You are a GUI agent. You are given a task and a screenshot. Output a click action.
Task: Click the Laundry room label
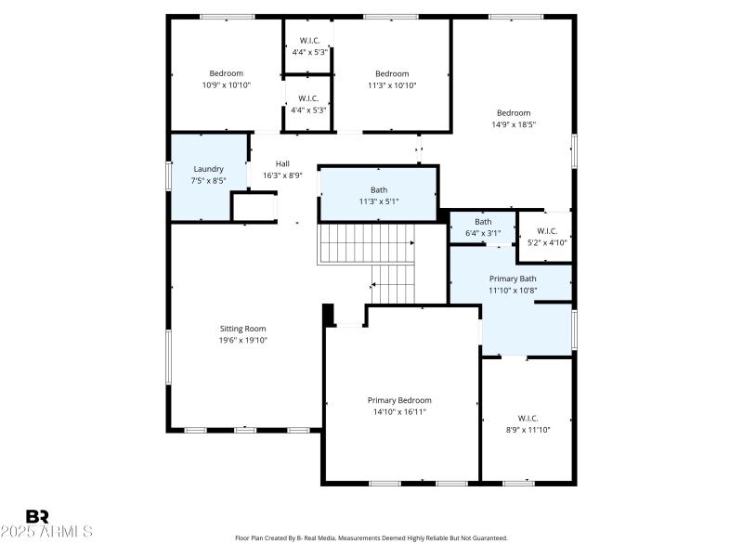tap(208, 169)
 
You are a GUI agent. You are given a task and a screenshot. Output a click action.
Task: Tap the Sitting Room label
tap(242, 329)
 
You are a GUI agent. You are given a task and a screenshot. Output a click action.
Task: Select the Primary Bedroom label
tap(399, 400)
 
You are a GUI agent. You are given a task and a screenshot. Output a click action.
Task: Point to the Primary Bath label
tap(513, 278)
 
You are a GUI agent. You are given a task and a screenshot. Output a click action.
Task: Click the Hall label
tap(282, 163)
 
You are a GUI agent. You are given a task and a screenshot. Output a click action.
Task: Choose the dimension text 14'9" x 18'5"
tap(514, 124)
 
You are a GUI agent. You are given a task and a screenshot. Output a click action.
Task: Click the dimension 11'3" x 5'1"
tap(379, 201)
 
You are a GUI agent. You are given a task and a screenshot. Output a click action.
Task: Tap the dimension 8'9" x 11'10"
tap(528, 430)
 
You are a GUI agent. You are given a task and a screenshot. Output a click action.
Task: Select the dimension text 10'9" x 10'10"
tap(226, 85)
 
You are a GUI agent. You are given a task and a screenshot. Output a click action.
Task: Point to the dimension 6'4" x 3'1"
tap(483, 233)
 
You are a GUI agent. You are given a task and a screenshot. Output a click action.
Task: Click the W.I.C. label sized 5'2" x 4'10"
tap(546, 231)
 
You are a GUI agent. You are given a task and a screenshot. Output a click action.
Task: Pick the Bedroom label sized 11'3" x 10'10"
tap(392, 74)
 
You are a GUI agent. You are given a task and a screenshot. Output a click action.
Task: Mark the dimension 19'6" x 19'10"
tap(242, 340)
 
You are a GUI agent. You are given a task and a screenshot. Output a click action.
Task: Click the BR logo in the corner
tap(37, 516)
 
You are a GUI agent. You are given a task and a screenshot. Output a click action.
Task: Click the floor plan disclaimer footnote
tap(371, 538)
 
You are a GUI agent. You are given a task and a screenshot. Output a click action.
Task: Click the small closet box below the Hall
tap(253, 207)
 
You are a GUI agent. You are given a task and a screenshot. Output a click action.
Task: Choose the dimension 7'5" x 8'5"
tap(208, 180)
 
